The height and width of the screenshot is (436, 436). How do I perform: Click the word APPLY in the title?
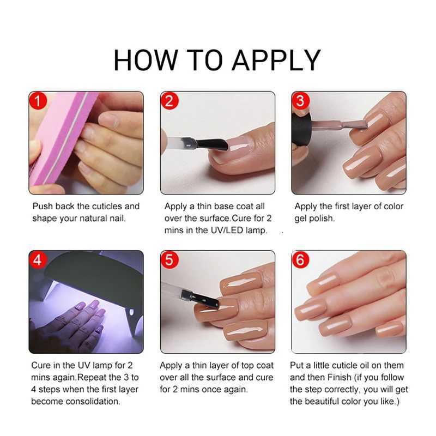tap(276, 59)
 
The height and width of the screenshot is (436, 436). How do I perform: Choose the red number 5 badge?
tap(170, 260)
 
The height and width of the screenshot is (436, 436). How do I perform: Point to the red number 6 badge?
tap(301, 260)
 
